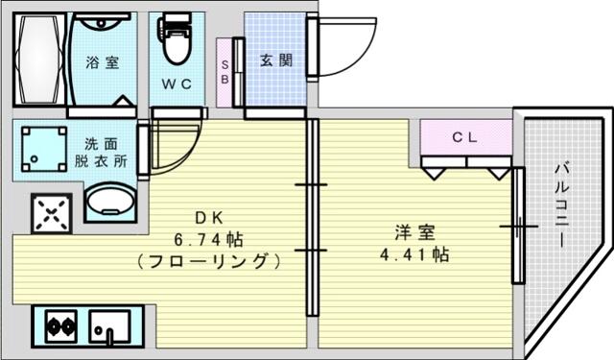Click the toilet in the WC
coord(175,39)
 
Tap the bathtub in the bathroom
coord(40,60)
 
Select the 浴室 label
coord(103,62)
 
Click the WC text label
coord(177,84)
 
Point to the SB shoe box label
coord(224,72)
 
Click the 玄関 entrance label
coord(276,60)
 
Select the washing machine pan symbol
coord(44,149)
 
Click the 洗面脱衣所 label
coord(101,153)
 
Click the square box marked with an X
coord(51,213)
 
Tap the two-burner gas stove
coord(60,325)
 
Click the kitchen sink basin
coord(109,326)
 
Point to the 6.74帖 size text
coord(208,239)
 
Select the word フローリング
coord(209,261)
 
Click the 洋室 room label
coord(414,232)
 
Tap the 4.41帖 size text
coord(414,254)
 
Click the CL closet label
coord(464,137)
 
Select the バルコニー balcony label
coord(561,205)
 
